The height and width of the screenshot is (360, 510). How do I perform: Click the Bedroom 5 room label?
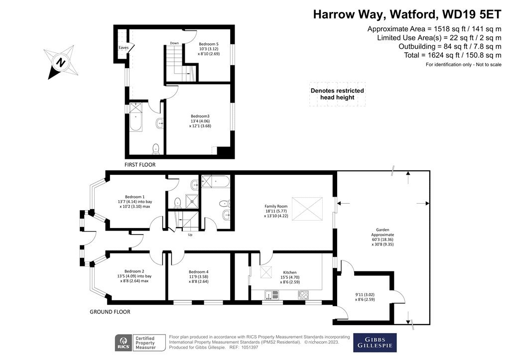click(209, 44)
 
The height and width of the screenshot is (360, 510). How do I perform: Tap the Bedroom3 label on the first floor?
click(200, 116)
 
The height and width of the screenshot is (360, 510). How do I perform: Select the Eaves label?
click(124, 47)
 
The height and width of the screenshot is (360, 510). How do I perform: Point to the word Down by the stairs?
click(174, 43)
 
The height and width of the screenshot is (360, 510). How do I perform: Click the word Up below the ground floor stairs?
click(190, 235)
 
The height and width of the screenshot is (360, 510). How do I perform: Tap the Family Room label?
click(276, 206)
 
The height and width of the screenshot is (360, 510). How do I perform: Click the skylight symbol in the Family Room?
click(307, 209)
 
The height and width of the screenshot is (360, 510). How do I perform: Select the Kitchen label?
click(290, 272)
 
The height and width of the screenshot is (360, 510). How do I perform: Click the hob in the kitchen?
click(303, 295)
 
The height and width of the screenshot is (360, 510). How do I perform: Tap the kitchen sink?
click(271, 295)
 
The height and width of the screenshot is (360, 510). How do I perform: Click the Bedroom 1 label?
click(134, 197)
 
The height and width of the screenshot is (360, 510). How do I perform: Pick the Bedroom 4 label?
click(199, 272)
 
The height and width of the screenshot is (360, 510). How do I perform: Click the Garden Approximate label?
click(382, 232)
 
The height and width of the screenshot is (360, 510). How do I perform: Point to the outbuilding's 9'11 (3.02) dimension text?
click(365, 295)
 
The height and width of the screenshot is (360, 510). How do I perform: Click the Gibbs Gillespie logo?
click(375, 343)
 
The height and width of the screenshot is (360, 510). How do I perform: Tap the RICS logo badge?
click(124, 343)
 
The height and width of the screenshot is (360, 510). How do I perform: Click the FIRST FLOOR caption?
click(140, 165)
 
